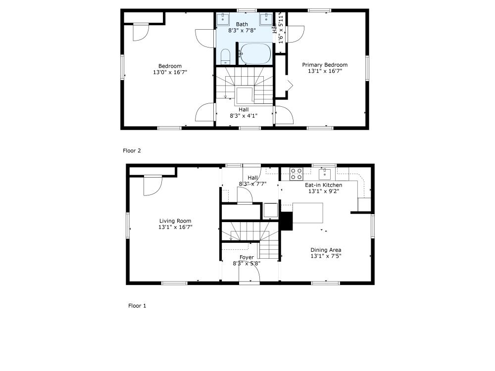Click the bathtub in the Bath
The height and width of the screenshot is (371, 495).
[255, 53]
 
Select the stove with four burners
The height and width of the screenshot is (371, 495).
[296, 174]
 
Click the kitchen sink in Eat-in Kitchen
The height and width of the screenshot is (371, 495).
[325, 174]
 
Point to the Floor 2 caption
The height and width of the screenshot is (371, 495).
[132, 150]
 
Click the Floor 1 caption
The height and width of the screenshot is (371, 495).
[137, 306]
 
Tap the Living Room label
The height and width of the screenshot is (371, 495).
[175, 221]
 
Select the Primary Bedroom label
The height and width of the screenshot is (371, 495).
[325, 65]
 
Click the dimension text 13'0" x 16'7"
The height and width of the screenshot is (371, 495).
[170, 72]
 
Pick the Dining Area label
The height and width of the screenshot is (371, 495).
[326, 250]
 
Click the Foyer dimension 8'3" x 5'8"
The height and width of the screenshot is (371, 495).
[247, 264]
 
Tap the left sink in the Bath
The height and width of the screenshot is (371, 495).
[223, 19]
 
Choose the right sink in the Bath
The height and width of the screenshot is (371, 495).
[266, 19]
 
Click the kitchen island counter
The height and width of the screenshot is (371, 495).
[308, 213]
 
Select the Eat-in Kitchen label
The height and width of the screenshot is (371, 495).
[323, 185]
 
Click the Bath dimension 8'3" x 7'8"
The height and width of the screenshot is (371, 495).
[242, 30]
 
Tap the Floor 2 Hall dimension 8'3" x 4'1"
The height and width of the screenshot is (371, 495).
[244, 116]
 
